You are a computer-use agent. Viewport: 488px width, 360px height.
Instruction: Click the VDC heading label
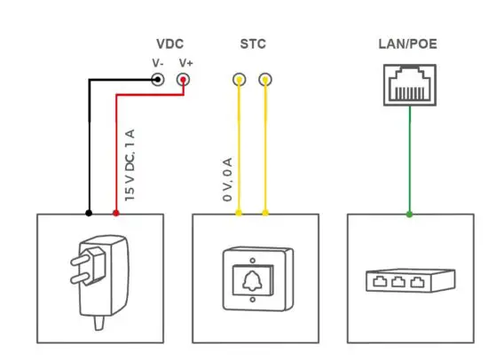(171, 43)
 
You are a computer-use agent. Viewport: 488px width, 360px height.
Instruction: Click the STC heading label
(252, 43)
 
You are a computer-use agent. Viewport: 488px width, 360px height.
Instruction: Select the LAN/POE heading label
(408, 43)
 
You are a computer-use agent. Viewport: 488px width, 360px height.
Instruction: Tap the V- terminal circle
(158, 80)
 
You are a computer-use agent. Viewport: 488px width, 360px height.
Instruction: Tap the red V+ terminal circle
(184, 80)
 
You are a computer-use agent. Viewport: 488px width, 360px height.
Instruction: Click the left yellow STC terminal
(238, 80)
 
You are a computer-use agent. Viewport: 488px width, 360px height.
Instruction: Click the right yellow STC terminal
(264, 80)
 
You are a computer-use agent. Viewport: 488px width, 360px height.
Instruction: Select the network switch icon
(408, 282)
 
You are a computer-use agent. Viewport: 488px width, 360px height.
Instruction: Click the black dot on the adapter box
(88, 214)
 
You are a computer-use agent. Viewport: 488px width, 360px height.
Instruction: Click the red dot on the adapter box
(115, 214)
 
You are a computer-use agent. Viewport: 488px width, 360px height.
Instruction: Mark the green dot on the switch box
(409, 214)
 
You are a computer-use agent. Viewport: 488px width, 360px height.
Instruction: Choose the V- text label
(157, 63)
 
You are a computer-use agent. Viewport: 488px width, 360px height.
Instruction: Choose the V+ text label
(185, 63)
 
